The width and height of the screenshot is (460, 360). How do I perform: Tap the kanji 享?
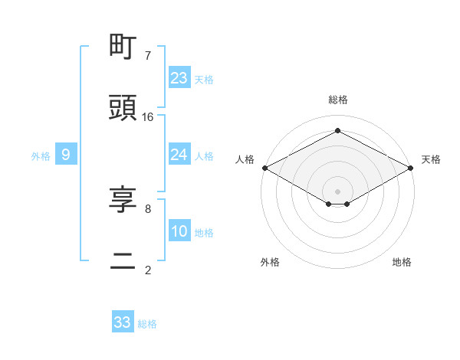click(x=123, y=200)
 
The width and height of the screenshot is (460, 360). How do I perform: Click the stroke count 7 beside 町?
click(x=148, y=55)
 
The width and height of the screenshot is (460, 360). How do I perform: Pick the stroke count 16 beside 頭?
click(x=148, y=116)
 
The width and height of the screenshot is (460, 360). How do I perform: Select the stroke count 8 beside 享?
click(x=148, y=208)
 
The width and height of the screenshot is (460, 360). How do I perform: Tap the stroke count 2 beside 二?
click(x=148, y=270)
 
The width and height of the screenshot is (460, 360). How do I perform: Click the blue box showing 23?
click(x=179, y=78)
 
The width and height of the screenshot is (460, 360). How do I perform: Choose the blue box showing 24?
click(x=179, y=155)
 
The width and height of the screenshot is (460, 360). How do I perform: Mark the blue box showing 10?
click(x=179, y=232)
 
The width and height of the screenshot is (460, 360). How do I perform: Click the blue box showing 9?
click(x=66, y=155)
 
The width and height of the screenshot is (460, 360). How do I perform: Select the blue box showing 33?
click(x=123, y=322)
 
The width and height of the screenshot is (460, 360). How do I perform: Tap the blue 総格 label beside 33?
click(x=147, y=324)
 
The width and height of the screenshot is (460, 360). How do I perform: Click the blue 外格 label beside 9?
click(x=41, y=156)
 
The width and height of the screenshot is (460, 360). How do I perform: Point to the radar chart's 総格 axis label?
click(x=338, y=100)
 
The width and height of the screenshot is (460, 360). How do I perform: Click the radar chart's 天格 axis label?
click(x=431, y=159)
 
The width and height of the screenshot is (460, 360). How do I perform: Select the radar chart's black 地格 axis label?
click(x=402, y=262)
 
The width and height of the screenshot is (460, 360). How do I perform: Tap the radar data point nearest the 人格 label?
click(x=264, y=168)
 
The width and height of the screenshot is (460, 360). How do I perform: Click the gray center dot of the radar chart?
click(x=338, y=191)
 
